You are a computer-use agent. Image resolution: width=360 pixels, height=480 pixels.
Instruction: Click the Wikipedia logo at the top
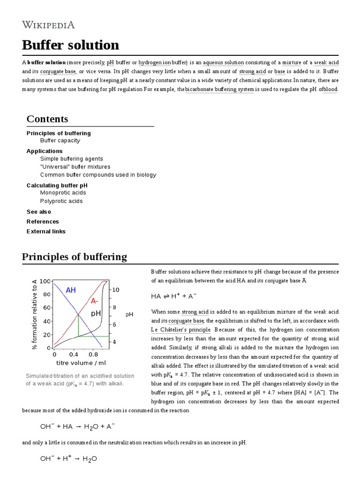pyautogui.click(x=48, y=25)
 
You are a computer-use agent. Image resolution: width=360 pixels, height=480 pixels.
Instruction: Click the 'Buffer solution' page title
pyautogui.click(x=70, y=45)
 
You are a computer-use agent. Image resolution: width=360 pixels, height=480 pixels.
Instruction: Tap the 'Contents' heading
pyautogui.click(x=47, y=119)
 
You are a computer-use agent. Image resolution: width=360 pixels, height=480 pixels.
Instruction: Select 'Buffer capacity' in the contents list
pyautogui.click(x=60, y=141)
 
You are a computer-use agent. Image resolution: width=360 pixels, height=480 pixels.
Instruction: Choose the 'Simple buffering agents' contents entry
pyautogui.click(x=71, y=159)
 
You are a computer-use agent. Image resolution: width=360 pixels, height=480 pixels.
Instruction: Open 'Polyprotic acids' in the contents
pyautogui.click(x=61, y=201)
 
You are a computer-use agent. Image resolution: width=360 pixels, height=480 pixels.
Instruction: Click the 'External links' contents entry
pyautogui.click(x=46, y=232)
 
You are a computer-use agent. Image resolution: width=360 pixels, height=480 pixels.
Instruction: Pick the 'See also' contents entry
pyautogui.click(x=39, y=212)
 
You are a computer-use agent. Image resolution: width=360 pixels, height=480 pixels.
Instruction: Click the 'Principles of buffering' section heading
pyautogui.click(x=75, y=257)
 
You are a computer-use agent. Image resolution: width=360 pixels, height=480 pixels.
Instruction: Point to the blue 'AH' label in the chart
pyautogui.click(x=71, y=290)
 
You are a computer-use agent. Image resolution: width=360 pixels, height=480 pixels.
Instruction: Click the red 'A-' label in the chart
pyautogui.click(x=95, y=300)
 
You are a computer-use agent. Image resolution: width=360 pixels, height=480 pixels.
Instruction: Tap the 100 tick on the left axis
pyautogui.click(x=45, y=281)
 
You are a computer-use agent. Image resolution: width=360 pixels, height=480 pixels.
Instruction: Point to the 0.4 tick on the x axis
pyautogui.click(x=74, y=355)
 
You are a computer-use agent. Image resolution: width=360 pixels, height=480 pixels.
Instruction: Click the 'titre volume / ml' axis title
pyautogui.click(x=81, y=363)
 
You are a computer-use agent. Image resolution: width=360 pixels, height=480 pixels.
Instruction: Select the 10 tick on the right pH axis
pyautogui.click(x=115, y=290)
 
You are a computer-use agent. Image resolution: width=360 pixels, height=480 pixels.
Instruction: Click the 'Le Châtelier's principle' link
pyautogui.click(x=180, y=330)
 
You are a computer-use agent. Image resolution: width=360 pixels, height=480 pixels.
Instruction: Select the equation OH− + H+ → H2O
pyautogui.click(x=68, y=459)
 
